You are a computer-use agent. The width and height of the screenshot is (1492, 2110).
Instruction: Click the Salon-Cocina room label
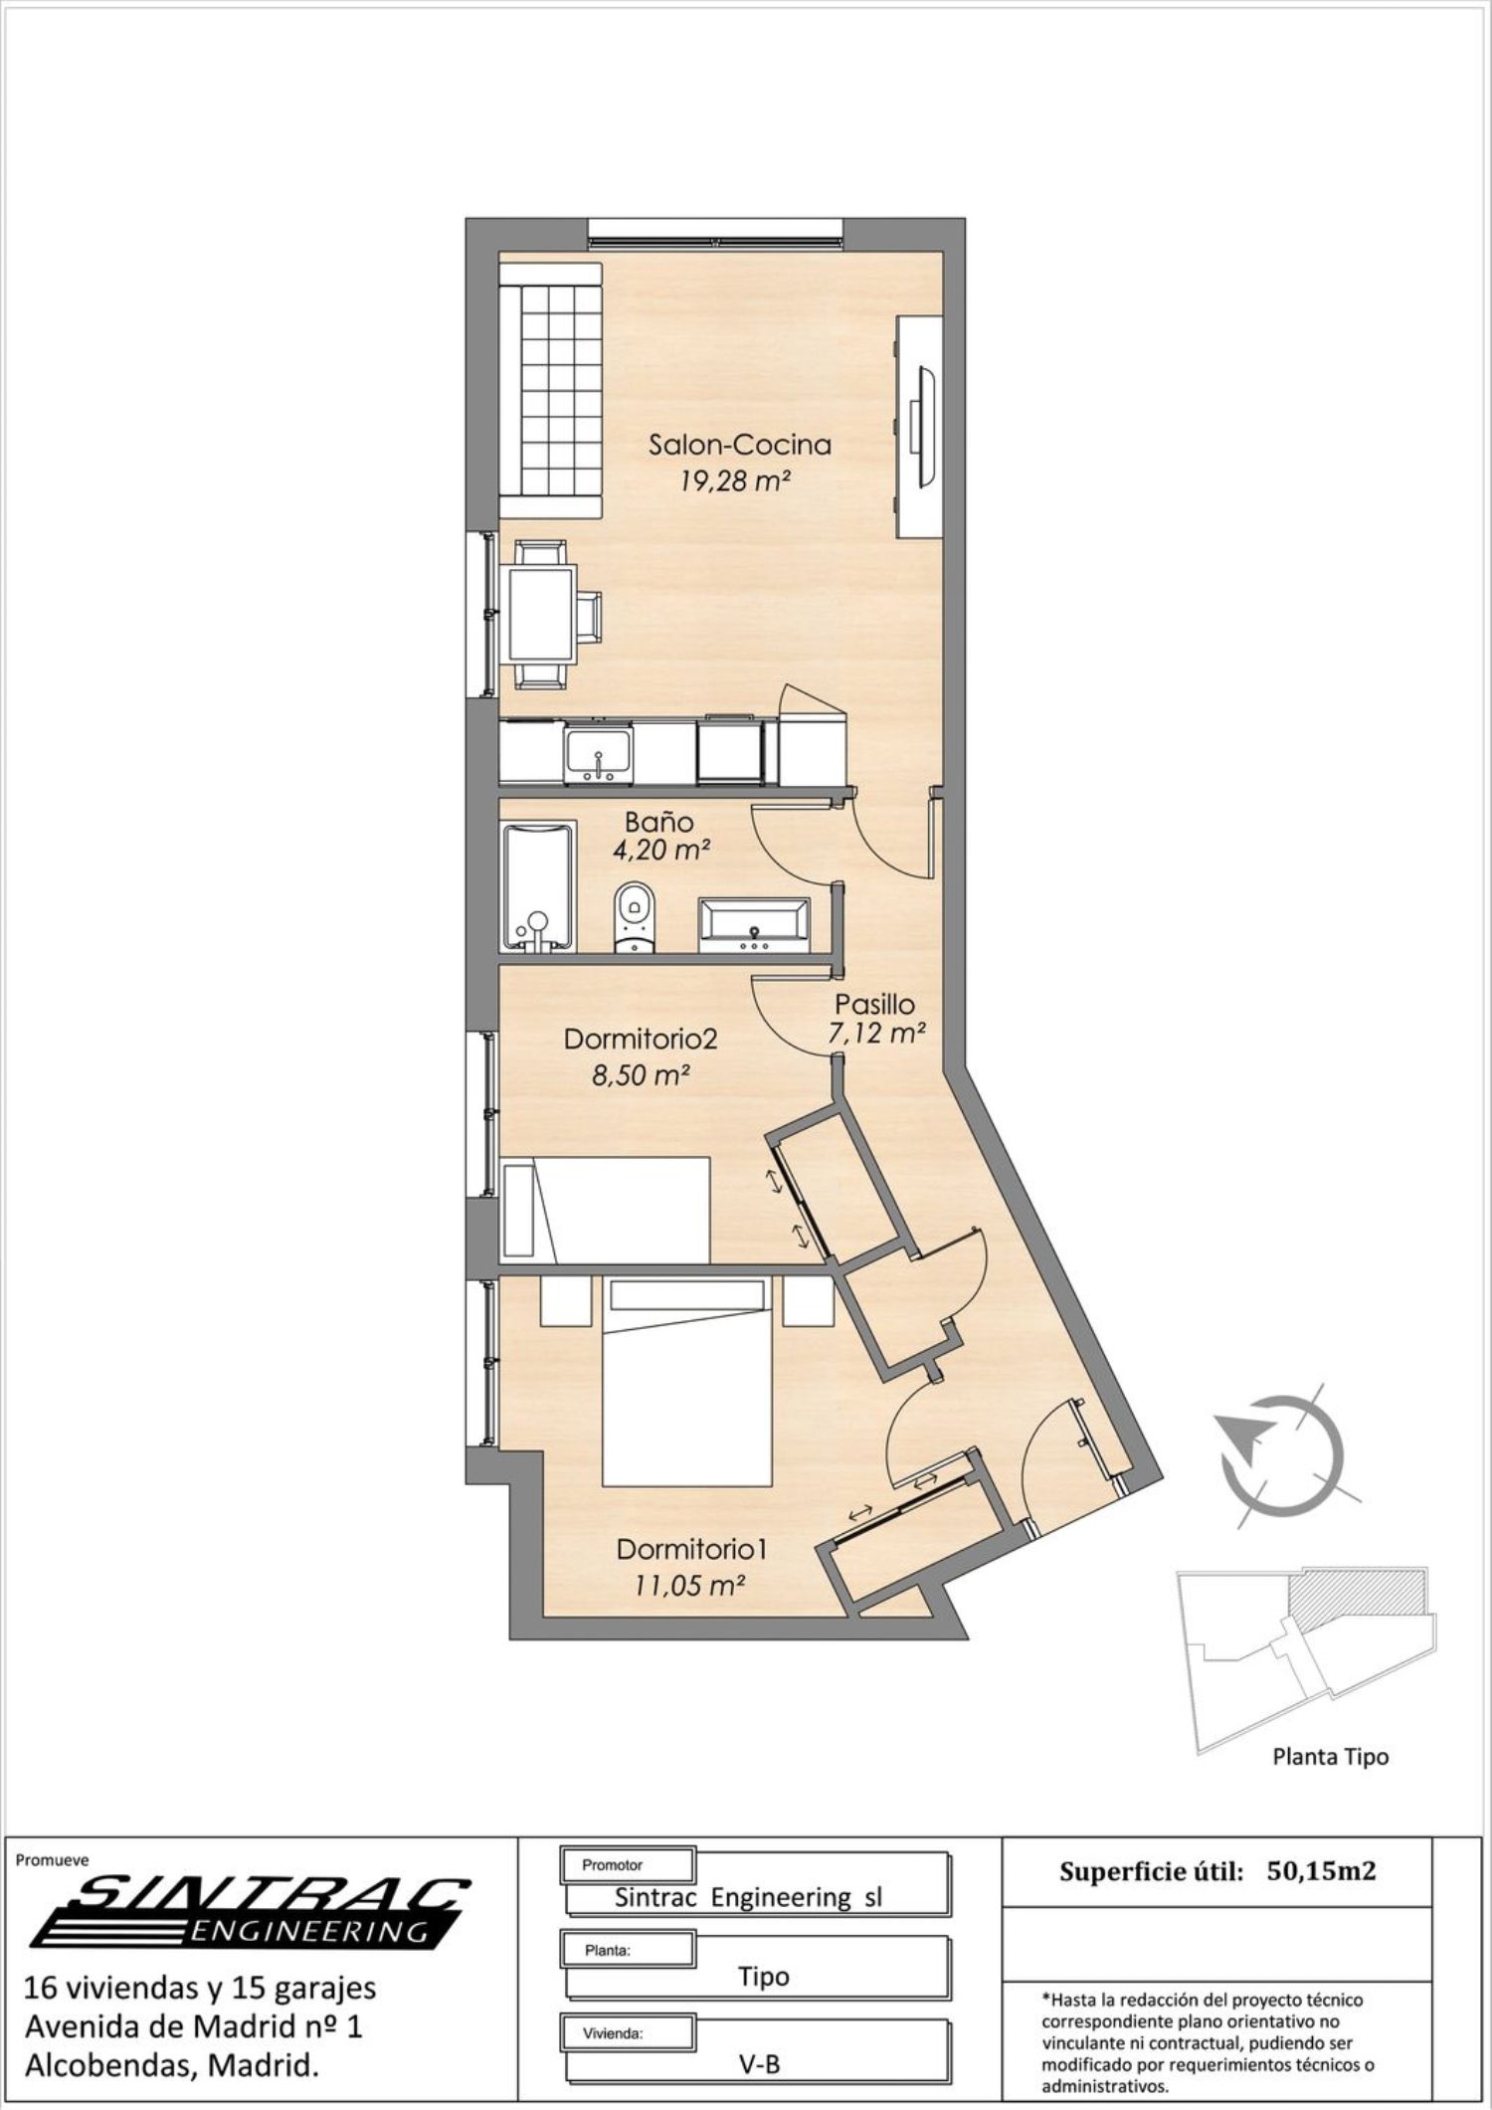pyautogui.click(x=739, y=444)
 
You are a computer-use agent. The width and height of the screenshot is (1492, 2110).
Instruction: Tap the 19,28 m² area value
pyautogui.click(x=735, y=482)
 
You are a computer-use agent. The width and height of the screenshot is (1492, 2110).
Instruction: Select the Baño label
pyautogui.click(x=658, y=823)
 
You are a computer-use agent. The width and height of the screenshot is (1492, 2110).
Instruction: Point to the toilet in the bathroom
pyautogui.click(x=633, y=916)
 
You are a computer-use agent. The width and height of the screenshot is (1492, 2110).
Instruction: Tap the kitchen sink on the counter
pyautogui.click(x=598, y=754)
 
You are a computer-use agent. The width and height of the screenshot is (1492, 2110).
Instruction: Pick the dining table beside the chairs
pyautogui.click(x=542, y=614)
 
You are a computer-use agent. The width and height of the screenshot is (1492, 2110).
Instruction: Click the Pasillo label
pyautogui.click(x=874, y=1005)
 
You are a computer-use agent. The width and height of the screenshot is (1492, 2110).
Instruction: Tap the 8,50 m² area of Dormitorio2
pyautogui.click(x=642, y=1075)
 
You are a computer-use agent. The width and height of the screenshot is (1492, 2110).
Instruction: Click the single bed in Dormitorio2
pyautogui.click(x=606, y=1210)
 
